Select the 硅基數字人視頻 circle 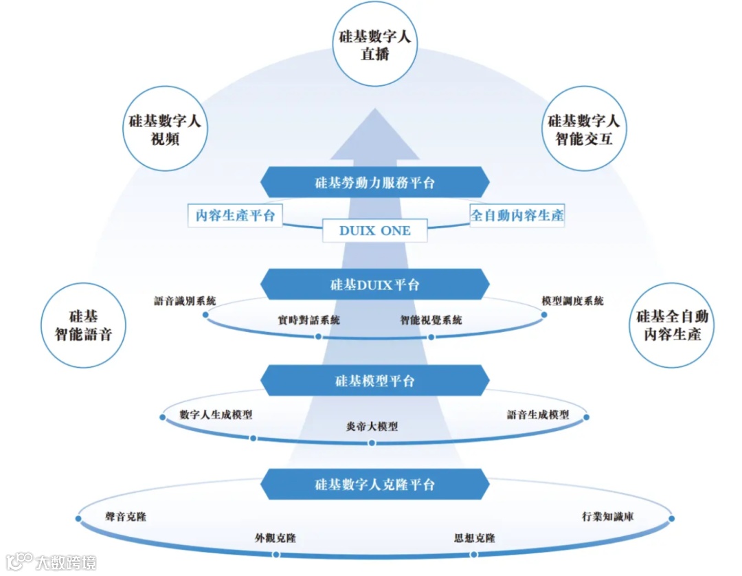coord(165,129)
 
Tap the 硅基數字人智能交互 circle coord(584,129)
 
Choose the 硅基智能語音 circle coord(83,325)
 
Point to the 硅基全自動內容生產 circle coord(672,325)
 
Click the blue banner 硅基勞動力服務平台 coord(375,183)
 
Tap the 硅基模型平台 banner coord(375,381)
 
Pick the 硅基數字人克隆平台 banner coord(375,485)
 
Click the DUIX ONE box coord(375,231)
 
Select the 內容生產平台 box coord(235,215)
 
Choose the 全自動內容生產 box coord(517,215)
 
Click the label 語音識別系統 coord(185,301)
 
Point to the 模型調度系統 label coord(573,301)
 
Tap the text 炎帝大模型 coord(372,426)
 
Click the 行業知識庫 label coord(607,516)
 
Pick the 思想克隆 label coord(475,538)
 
